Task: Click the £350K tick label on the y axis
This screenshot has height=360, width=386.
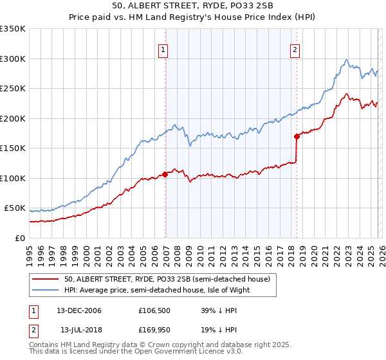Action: coord(13,29)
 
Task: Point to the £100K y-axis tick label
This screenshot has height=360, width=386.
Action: coord(13,178)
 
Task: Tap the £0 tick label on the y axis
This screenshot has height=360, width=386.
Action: coord(19,238)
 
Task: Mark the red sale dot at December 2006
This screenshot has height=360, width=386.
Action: coord(165,174)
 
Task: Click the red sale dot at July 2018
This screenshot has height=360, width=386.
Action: coord(297,136)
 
